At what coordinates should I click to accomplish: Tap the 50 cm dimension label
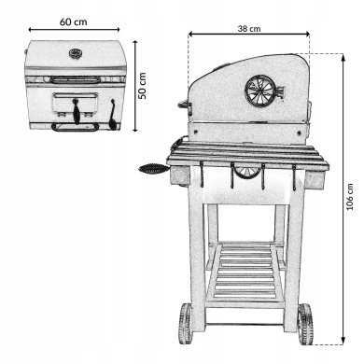142,86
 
